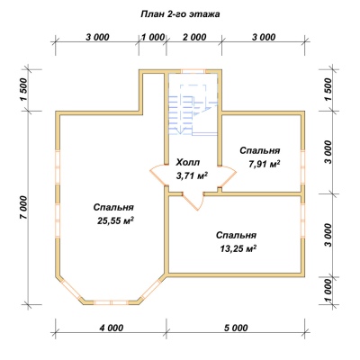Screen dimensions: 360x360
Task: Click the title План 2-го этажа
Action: pos(180,14)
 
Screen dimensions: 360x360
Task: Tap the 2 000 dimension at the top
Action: pos(194,37)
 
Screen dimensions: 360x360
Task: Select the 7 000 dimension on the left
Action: pos(24,208)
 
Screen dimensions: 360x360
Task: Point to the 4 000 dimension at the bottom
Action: pos(111,328)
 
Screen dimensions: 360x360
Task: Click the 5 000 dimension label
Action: pos(236,328)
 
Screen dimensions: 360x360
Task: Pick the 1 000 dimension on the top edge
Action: pos(153,37)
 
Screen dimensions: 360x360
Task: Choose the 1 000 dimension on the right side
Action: pos(328,291)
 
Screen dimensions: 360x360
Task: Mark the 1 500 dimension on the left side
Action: pos(24,90)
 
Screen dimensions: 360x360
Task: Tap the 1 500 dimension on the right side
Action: pos(328,90)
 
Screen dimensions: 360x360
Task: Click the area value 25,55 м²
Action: pos(115,220)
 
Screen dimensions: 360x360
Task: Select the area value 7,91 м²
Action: pos(265,164)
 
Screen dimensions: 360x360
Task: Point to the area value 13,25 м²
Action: pos(238,248)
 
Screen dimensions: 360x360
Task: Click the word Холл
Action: pos(187,163)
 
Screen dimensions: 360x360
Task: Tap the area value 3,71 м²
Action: pos(193,176)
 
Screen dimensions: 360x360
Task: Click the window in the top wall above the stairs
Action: pos(193,71)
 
